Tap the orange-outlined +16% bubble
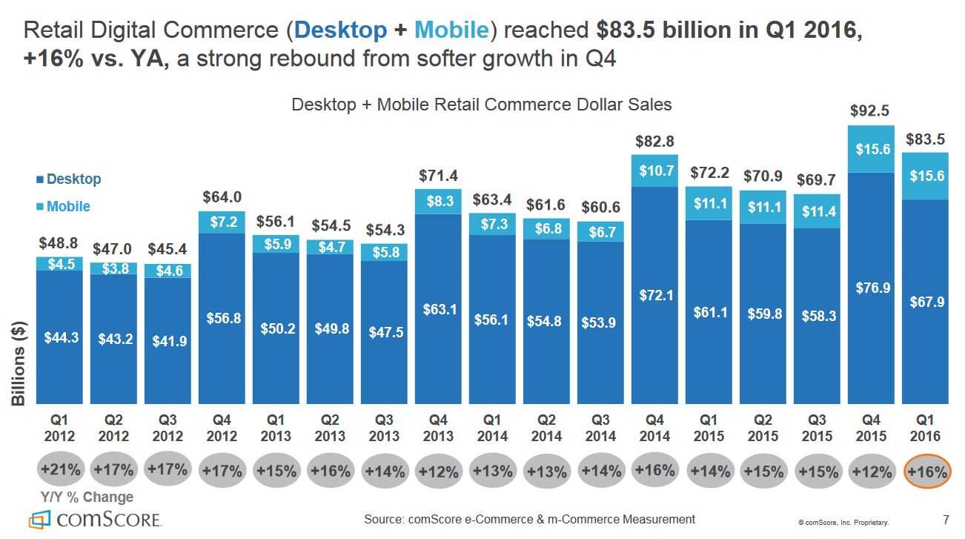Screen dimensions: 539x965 tap(926, 472)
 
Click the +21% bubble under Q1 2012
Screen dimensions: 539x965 tap(59, 469)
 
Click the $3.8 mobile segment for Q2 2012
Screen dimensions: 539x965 tap(113, 268)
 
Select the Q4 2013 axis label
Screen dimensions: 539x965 tap(438, 429)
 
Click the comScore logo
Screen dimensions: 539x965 tap(94, 519)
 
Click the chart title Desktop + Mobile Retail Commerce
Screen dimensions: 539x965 tap(482, 105)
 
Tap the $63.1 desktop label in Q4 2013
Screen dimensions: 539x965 tap(438, 309)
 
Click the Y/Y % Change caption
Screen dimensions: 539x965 tap(87, 497)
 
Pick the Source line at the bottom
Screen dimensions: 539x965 tap(529, 519)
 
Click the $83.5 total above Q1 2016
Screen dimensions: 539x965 tap(924, 139)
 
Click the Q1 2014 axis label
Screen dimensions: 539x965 tap(492, 429)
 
